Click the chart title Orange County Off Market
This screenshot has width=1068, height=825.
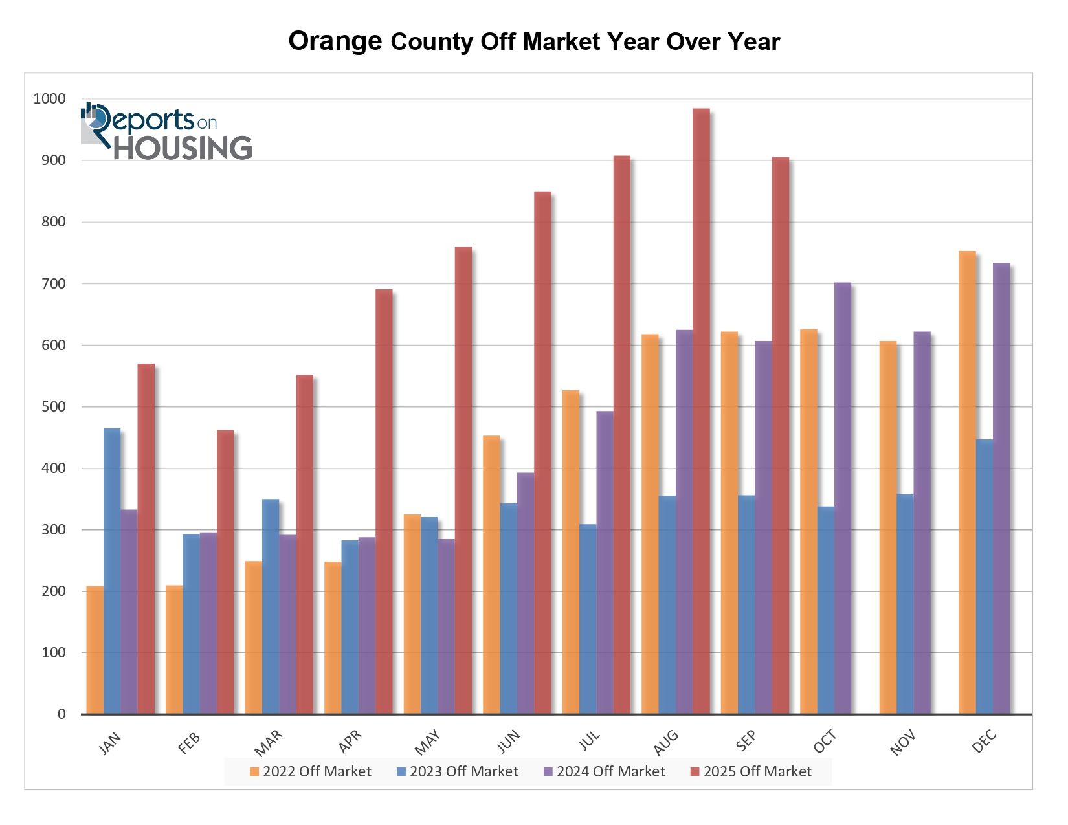534,41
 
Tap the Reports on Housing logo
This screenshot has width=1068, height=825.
167,131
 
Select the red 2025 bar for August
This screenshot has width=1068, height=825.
701,411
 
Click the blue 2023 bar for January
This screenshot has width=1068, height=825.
112,571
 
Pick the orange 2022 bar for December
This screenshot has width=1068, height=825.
967,482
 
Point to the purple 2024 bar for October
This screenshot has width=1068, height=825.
843,498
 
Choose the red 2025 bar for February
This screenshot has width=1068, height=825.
225,572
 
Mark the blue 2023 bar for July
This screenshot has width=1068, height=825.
588,619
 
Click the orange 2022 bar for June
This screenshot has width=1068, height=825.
491,575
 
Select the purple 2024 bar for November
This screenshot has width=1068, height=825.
922,523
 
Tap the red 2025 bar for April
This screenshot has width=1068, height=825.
384,501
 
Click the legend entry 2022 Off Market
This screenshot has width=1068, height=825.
311,771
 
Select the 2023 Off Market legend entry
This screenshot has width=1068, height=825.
458,771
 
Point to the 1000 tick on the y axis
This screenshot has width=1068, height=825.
50,99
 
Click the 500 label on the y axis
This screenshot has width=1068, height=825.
53,407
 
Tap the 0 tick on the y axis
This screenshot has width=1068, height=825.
61,714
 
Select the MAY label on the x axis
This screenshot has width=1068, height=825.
427,742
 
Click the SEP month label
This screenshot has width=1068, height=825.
746,742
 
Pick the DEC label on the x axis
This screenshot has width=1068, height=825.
984,742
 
